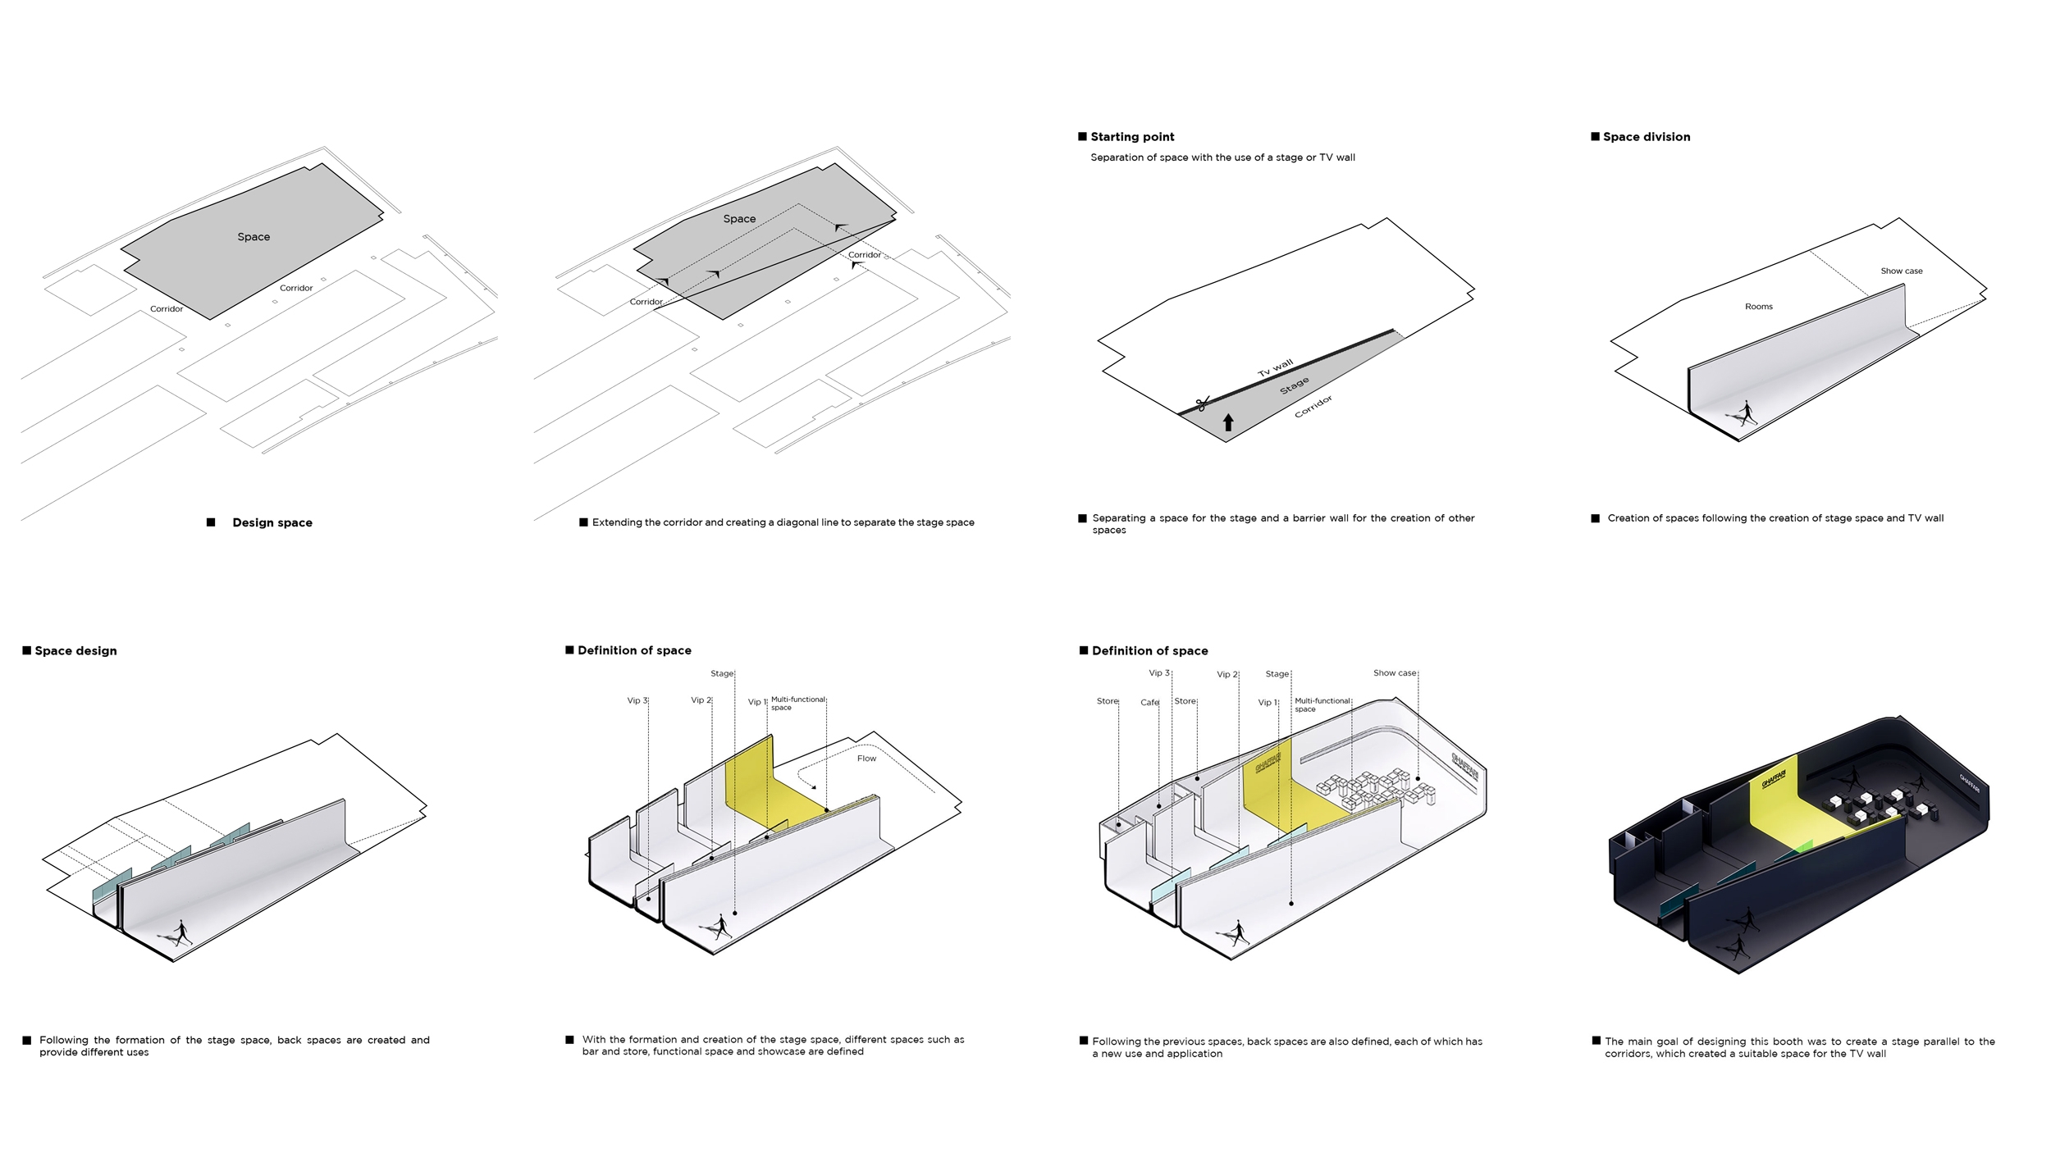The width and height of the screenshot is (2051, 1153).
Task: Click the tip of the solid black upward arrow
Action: pyautogui.click(x=1228, y=414)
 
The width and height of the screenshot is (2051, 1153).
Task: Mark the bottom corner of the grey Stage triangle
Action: pyautogui.click(x=1226, y=442)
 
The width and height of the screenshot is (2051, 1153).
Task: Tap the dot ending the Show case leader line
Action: pyautogui.click(x=1418, y=778)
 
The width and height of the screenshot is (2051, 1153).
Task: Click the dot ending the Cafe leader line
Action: pyautogui.click(x=1158, y=806)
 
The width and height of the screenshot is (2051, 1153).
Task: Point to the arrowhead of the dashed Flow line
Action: pyautogui.click(x=813, y=787)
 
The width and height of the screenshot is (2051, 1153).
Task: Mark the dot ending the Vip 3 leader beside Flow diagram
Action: pyautogui.click(x=648, y=899)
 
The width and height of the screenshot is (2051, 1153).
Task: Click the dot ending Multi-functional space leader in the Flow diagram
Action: pyautogui.click(x=826, y=810)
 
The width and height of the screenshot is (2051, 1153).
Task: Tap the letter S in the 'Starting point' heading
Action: pyautogui.click(x=1095, y=137)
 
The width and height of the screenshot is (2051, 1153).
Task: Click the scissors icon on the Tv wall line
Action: pyautogui.click(x=1203, y=403)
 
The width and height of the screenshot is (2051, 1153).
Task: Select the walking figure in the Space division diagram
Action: pyautogui.click(x=1745, y=413)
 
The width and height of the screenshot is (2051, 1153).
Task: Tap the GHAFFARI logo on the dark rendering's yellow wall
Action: pyautogui.click(x=1773, y=778)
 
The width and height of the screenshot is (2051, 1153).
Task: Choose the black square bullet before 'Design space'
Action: pyautogui.click(x=211, y=522)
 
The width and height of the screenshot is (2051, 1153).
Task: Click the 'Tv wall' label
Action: pyautogui.click(x=1275, y=367)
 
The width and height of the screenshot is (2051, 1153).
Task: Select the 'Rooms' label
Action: pyautogui.click(x=1758, y=307)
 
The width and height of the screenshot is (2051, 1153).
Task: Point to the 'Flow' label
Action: pyautogui.click(x=866, y=759)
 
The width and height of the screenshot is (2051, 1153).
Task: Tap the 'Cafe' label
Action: pyautogui.click(x=1149, y=703)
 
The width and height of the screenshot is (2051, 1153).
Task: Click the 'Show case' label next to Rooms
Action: pyautogui.click(x=1901, y=271)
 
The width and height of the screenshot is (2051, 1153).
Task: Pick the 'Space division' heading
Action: pyautogui.click(x=1646, y=137)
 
